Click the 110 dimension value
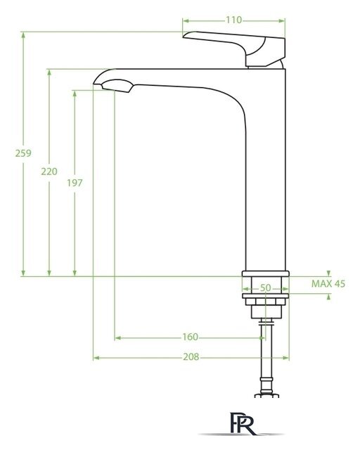[x=233, y=20]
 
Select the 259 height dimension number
[x=23, y=153]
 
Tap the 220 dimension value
[x=49, y=172]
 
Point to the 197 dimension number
[x=75, y=183]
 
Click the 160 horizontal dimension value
[x=191, y=337]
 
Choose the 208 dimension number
[x=191, y=356]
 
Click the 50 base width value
[x=265, y=288]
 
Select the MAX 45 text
[x=328, y=284]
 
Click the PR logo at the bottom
[x=243, y=423]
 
